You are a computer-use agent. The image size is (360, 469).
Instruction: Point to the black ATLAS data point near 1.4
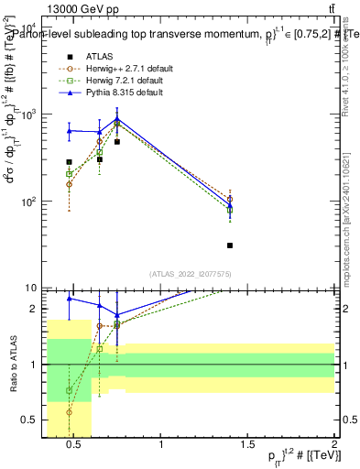(230, 245)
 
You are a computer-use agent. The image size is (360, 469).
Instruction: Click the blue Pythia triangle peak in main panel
(117, 119)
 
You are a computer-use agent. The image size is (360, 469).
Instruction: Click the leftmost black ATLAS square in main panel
(69, 162)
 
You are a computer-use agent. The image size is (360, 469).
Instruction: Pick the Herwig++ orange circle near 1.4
(230, 199)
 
